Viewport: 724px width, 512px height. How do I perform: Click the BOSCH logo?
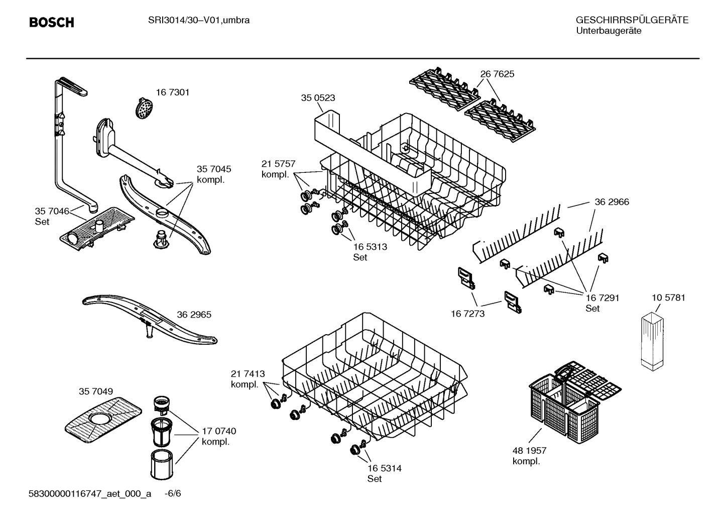coord(52,23)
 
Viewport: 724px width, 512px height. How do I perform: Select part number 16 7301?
coord(172,92)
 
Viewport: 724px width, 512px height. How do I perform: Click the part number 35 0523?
coord(318,98)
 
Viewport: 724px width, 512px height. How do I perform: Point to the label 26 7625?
coord(497,74)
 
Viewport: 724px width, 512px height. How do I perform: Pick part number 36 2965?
coord(194,315)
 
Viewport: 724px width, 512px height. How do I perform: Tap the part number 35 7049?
coord(95,391)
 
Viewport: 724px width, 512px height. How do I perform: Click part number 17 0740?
coord(219,431)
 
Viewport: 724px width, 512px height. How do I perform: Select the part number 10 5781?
coord(668,297)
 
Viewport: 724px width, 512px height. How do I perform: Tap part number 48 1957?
coord(529,451)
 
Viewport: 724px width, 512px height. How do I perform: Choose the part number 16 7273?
coord(467,314)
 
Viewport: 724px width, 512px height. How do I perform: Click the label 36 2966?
coord(612,202)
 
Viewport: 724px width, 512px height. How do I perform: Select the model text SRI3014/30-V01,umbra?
coord(199,21)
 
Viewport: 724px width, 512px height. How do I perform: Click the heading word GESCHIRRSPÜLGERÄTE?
coord(632,21)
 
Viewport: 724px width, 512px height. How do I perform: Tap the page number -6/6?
coord(173,494)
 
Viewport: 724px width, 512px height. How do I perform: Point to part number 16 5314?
coord(384,468)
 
